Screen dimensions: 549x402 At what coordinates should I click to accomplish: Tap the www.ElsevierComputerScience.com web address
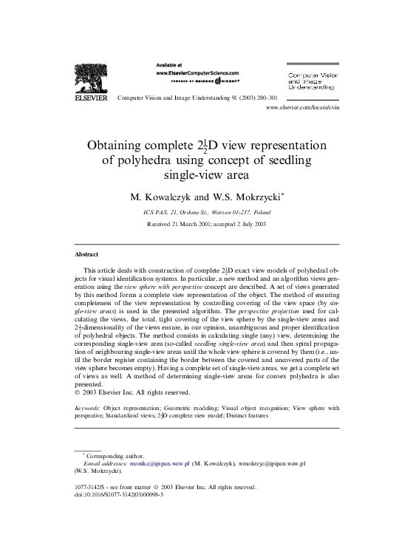(x=197, y=74)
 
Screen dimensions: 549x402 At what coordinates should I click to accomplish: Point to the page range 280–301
(x=264, y=98)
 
